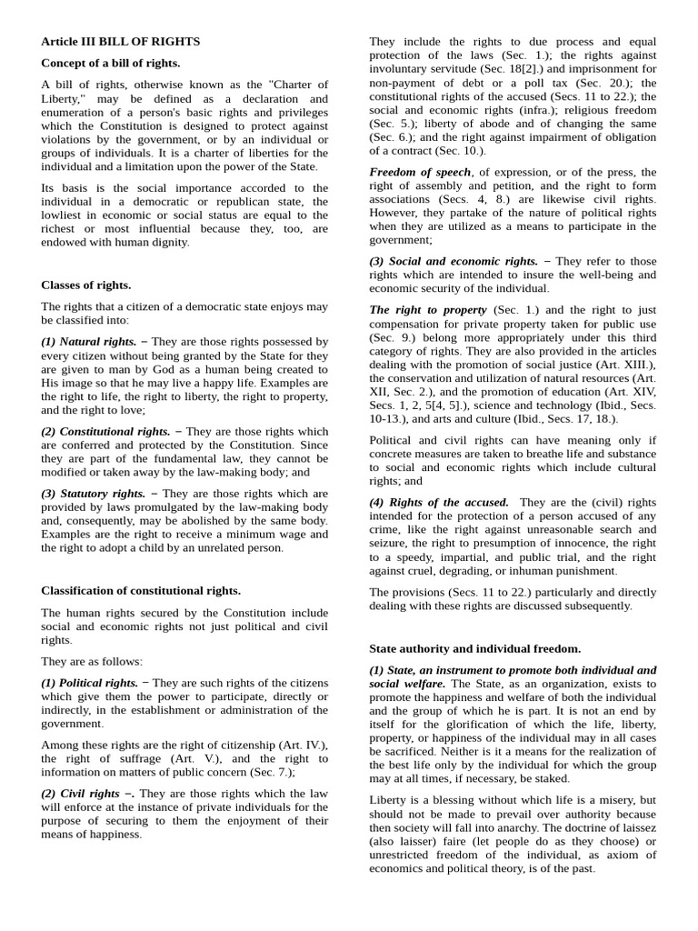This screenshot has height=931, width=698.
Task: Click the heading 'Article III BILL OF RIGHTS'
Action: pos(120,42)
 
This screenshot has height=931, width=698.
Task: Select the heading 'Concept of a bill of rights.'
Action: pos(110,63)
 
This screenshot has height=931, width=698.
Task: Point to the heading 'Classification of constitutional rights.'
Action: pos(141,590)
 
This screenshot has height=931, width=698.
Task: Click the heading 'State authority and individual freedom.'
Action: pos(474,648)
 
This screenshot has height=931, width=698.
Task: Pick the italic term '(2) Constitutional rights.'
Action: pos(105,431)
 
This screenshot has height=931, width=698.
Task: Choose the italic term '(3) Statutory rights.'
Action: pos(93,493)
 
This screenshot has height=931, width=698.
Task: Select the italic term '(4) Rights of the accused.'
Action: pos(438,502)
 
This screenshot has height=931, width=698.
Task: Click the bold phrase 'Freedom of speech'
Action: pos(420,172)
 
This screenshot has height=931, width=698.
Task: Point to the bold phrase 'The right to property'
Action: pos(427,310)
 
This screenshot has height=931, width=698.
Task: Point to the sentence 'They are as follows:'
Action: pos(92,661)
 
